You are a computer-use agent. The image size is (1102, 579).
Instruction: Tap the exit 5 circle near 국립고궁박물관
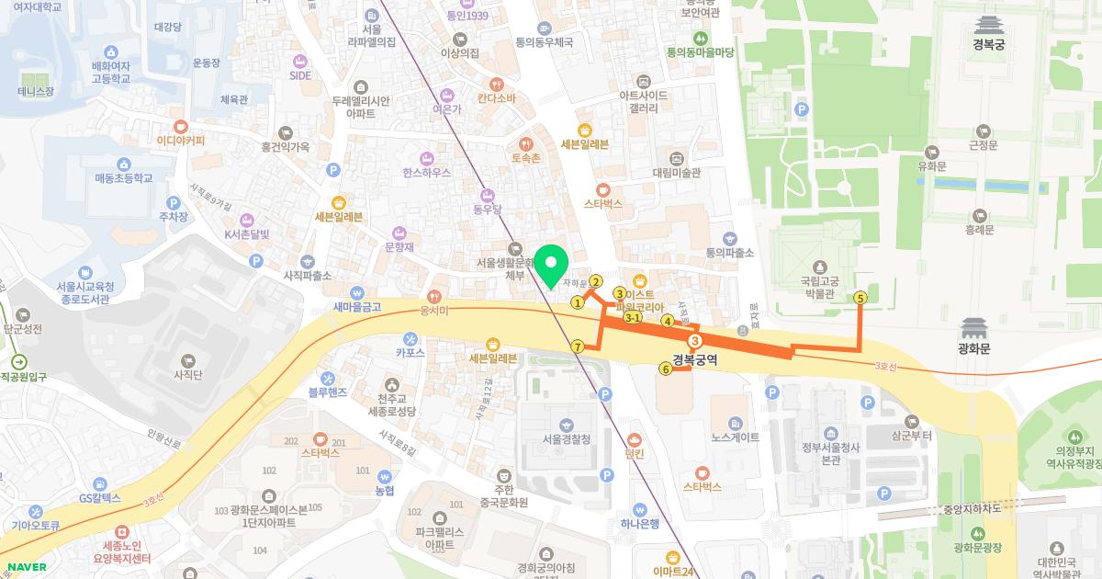click(x=860, y=297)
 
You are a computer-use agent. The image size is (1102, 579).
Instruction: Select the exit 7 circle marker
click(x=577, y=346)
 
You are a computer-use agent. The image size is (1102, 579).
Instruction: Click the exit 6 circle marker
click(x=665, y=369)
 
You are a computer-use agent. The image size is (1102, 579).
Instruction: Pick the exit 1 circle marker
click(x=578, y=301)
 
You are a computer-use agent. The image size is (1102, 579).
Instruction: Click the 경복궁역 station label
click(x=694, y=359)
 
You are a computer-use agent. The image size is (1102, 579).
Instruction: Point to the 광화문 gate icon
click(x=972, y=328)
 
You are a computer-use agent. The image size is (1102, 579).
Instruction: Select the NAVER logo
click(x=24, y=566)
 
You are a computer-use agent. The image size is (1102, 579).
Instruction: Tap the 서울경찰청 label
click(x=566, y=438)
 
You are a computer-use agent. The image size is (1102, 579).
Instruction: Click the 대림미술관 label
click(x=676, y=172)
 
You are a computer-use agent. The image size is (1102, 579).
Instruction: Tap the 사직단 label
click(x=187, y=374)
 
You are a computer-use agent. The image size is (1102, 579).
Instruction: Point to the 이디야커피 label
click(x=181, y=141)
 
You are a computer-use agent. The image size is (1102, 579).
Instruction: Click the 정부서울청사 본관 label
click(x=829, y=453)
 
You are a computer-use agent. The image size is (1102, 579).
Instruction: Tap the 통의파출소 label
click(x=729, y=252)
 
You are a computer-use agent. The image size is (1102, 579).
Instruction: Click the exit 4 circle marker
click(x=668, y=321)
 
